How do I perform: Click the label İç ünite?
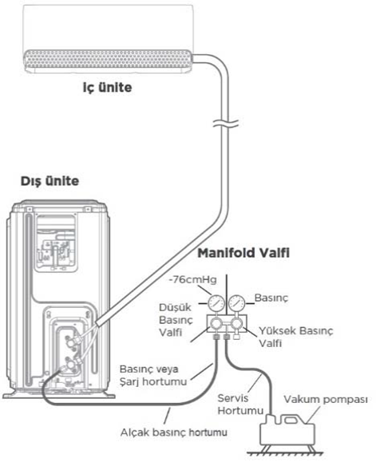pyautogui.click(x=107, y=88)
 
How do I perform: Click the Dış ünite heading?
pyautogui.click(x=49, y=181)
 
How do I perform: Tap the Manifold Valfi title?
pyautogui.click(x=243, y=253)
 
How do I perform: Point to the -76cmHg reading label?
pyautogui.click(x=192, y=279)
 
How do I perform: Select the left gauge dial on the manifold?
pyautogui.click(x=216, y=303)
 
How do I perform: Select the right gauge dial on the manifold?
pyautogui.click(x=237, y=303)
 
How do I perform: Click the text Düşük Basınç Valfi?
pyautogui.click(x=176, y=320)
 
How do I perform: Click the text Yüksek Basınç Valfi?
pyautogui.click(x=295, y=337)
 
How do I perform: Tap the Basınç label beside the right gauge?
pyautogui.click(x=271, y=298)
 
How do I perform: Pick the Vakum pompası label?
pyautogui.click(x=326, y=400)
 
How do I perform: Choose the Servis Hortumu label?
pyautogui.click(x=240, y=405)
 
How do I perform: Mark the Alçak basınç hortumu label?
pyautogui.click(x=174, y=432)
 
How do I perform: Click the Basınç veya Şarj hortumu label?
pyautogui.click(x=153, y=375)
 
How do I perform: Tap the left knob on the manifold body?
pyautogui.click(x=216, y=322)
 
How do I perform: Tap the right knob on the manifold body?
pyautogui.click(x=237, y=322)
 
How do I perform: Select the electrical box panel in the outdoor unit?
pyautogui.click(x=56, y=243)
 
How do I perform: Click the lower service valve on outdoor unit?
pyautogui.click(x=71, y=365)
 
